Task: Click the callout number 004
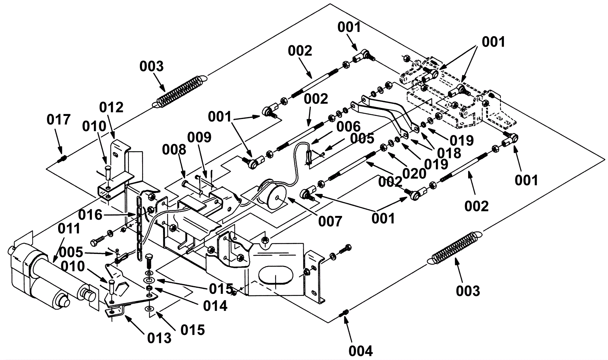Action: [361, 351]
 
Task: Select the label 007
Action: [330, 222]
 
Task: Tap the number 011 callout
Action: [69, 228]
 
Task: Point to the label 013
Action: [159, 338]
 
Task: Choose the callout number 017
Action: [59, 120]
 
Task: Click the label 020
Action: [414, 174]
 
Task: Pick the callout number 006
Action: [348, 127]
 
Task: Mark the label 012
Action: [111, 108]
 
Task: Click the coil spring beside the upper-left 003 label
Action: [180, 91]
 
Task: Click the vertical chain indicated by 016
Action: [139, 228]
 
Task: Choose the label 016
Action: [90, 215]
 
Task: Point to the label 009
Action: [199, 137]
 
